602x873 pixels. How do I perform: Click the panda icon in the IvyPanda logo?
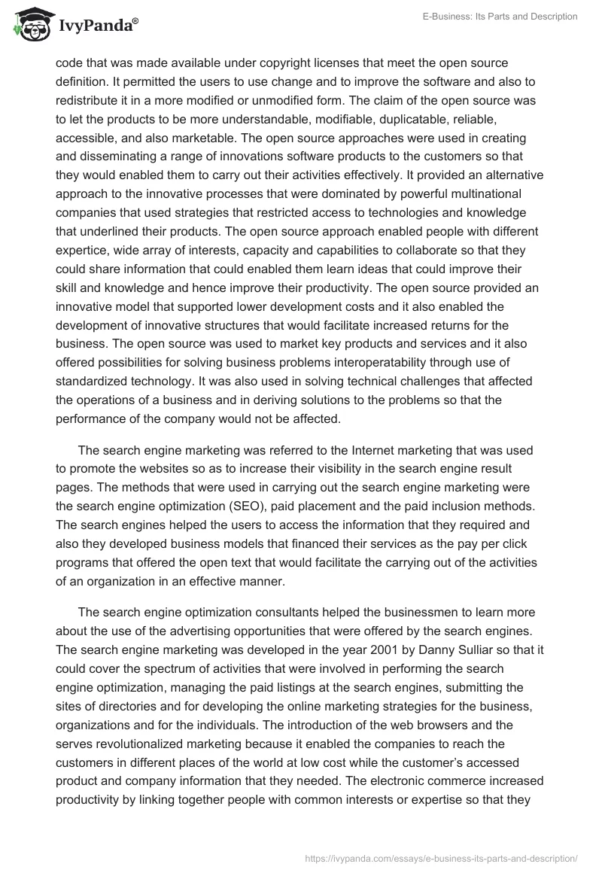click(29, 26)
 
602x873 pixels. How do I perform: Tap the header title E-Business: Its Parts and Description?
click(500, 17)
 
